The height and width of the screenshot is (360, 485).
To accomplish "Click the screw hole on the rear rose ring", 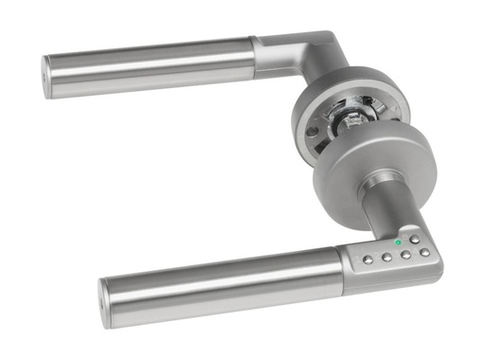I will tap(310, 130).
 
